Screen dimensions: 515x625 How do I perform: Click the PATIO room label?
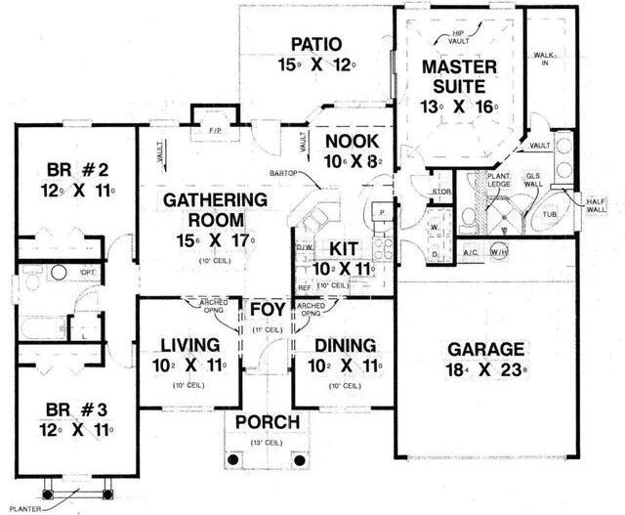[315, 44]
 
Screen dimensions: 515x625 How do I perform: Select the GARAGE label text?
[485, 349]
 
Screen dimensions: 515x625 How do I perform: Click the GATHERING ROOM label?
[201, 208]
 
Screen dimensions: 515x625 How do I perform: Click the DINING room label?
[345, 345]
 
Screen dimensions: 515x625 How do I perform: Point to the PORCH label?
[266, 423]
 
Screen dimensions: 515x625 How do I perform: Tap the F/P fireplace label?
[214, 129]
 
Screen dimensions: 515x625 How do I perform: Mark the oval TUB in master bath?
[549, 213]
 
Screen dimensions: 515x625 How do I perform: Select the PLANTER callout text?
[24, 507]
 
